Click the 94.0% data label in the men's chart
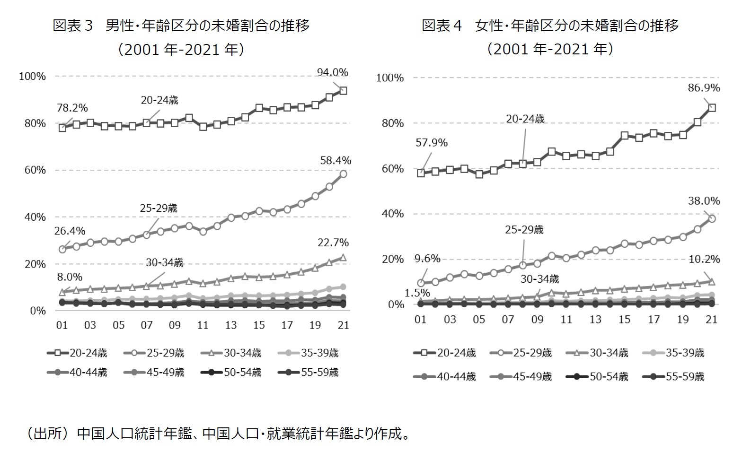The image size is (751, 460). pos(332,72)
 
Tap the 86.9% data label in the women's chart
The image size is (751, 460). pos(704,88)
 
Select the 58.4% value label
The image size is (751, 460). pos(336,161)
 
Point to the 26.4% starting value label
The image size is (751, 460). pos(70,231)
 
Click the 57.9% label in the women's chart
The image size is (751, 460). pos(431,143)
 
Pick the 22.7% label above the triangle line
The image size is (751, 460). pos(333,243)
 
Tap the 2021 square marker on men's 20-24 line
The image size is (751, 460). pos(344,91)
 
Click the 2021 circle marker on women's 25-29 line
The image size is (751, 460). pos(712,219)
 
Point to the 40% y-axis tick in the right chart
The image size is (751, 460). pos(392,214)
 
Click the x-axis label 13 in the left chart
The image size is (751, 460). pos(231,325)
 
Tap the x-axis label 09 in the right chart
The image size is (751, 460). pos(537,320)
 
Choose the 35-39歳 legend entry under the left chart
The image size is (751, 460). pos(319,353)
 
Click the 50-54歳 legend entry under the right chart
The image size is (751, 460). pos(609,377)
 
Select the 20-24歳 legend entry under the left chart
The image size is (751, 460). pos(88,353)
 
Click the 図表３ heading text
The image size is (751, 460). pos(72,26)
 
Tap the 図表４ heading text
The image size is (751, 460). pos(442,26)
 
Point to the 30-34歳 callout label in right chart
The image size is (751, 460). pos(539,279)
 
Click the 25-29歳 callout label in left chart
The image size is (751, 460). pos(158,208)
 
